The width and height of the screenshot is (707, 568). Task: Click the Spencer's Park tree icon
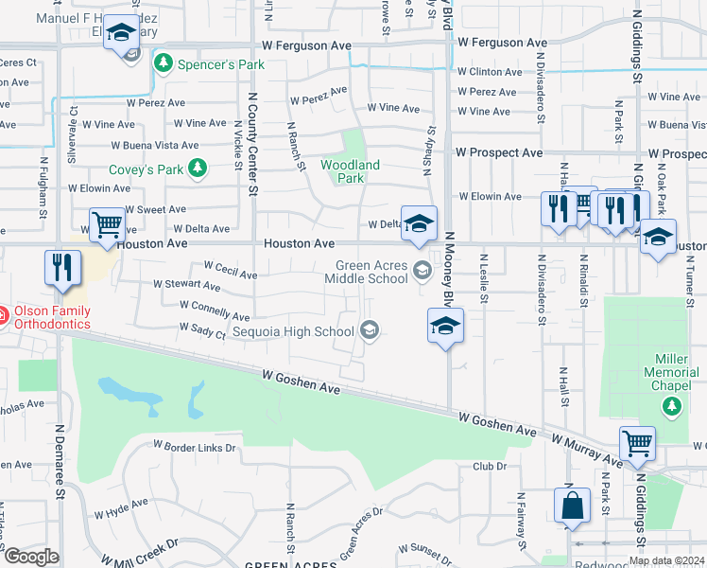[163, 63]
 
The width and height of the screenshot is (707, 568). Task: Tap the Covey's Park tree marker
[197, 169]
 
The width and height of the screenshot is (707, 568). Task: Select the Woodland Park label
[350, 171]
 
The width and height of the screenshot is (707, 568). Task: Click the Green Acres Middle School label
[365, 272]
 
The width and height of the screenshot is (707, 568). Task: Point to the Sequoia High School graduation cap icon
[371, 330]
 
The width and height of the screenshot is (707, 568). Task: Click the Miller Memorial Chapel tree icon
[671, 406]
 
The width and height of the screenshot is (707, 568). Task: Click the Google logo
[30, 557]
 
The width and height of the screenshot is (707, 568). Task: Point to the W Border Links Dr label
[195, 446]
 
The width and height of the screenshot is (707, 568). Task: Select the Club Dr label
[490, 467]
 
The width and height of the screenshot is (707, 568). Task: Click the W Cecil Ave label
[230, 271]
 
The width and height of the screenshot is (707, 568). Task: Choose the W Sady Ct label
[202, 329]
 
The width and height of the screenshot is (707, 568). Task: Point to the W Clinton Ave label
[489, 72]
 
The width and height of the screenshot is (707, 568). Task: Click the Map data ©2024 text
[667, 560]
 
